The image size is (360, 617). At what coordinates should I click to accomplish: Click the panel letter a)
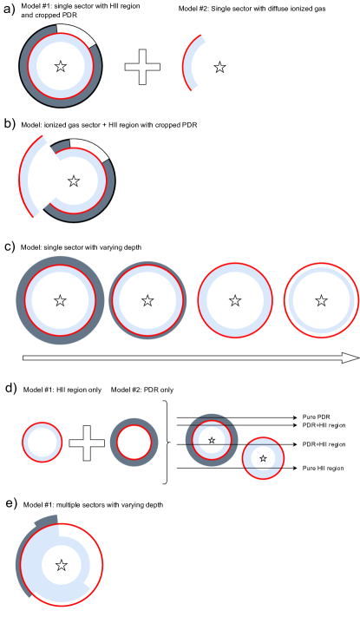9,10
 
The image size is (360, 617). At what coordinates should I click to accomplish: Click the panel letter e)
10,504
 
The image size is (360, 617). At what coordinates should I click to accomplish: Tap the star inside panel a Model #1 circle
60,66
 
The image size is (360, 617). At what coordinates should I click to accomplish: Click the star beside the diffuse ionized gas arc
219,68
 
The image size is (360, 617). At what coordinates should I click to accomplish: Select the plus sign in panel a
142,67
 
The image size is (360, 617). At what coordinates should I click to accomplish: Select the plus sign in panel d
87,443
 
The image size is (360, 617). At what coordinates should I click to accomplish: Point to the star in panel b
73,181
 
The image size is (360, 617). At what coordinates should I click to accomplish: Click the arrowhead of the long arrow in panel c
351,358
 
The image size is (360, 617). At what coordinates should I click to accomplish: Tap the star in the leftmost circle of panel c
60,301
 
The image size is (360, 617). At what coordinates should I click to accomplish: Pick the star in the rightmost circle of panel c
322,300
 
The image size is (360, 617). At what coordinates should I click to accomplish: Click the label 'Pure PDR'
316,417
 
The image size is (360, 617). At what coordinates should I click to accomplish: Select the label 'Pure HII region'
323,469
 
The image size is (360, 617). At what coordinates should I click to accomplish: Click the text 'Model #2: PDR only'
142,390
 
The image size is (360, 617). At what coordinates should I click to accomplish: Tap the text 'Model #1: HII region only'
62,390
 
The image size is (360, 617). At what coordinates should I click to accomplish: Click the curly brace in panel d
167,443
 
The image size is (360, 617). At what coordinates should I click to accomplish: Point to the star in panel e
61,566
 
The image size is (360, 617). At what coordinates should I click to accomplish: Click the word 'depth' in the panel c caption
133,247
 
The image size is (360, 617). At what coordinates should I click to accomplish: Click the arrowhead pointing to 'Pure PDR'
294,417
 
